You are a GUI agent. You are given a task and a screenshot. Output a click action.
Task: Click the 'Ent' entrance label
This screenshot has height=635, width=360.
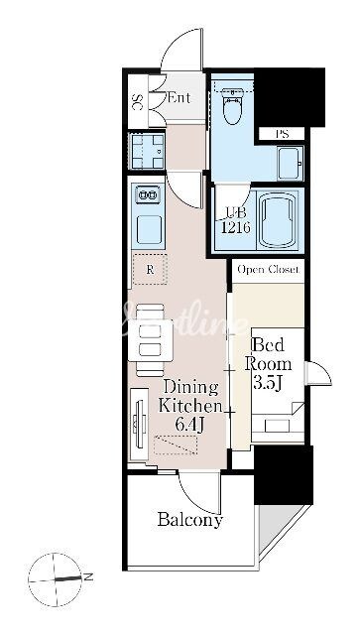[179, 97]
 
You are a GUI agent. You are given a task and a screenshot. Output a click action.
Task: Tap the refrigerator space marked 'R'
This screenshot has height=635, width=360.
[150, 268]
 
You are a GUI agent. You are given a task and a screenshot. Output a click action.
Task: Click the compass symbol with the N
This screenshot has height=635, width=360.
[56, 574]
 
